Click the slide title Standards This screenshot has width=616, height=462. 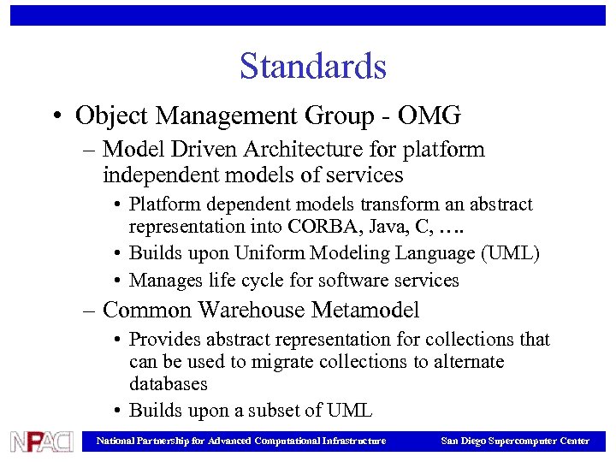tap(312, 67)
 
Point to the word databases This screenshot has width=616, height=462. tap(169, 384)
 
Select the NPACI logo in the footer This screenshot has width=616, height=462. tap(41, 441)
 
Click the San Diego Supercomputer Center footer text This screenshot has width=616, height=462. tap(514, 441)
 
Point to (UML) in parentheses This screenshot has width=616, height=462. tap(511, 254)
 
